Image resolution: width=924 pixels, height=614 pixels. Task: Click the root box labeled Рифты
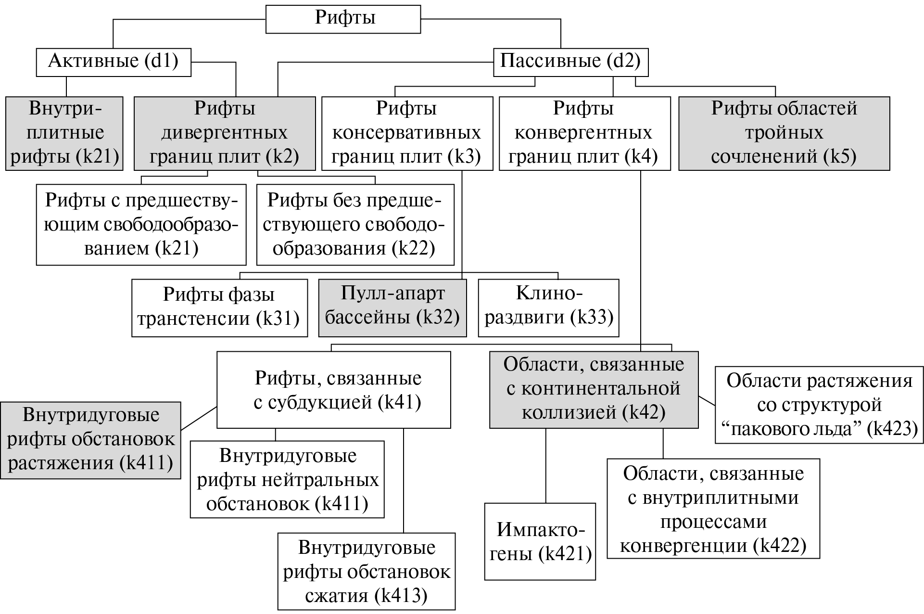tap(343, 19)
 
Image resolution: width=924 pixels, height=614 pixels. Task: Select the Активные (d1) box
tap(114, 62)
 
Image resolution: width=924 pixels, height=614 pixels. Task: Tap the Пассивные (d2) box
tap(570, 62)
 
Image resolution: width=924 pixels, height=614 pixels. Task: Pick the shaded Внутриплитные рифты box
tap(64, 133)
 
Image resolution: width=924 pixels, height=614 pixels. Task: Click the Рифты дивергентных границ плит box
tap(224, 133)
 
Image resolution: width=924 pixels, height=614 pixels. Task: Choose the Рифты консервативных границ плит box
tap(407, 133)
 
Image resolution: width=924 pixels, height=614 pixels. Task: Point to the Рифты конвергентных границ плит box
tap(584, 133)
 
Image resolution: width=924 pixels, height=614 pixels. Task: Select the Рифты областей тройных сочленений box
tap(784, 133)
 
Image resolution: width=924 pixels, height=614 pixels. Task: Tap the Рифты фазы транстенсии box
tap(219, 307)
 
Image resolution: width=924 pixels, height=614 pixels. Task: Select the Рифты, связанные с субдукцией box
tap(334, 390)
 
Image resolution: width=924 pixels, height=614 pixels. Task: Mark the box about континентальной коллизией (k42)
tap(594, 389)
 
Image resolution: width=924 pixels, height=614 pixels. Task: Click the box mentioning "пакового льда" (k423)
tap(819, 405)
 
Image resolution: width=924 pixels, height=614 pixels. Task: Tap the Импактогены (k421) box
tap(540, 542)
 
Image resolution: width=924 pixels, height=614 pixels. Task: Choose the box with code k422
tap(713, 509)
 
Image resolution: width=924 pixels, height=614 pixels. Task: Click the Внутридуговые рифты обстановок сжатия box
tap(367, 571)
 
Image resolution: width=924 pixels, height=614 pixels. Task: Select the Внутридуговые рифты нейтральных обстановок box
tap(287, 479)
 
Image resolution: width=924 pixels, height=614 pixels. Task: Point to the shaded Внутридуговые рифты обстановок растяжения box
tap(90, 440)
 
